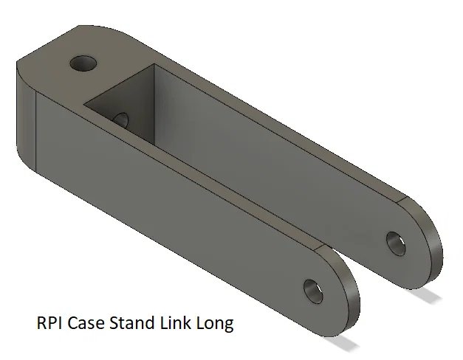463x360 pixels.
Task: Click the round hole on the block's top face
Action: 83,63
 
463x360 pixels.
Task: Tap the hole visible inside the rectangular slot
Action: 120,120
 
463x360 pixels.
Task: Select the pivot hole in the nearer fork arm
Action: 313,291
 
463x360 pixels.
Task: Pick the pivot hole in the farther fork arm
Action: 396,243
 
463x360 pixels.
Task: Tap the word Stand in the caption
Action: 132,322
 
